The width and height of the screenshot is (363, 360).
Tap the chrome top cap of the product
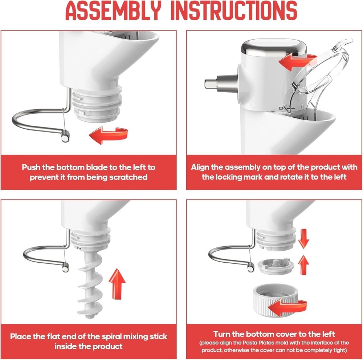click(274, 48)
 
